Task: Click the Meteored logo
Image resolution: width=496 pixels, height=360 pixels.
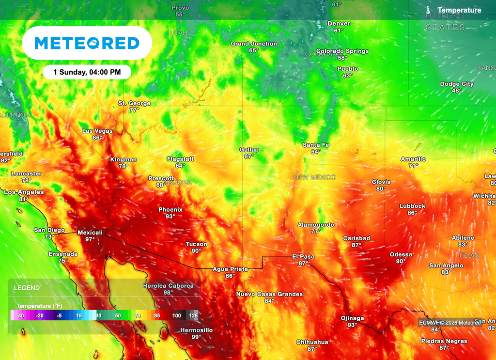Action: (87, 43)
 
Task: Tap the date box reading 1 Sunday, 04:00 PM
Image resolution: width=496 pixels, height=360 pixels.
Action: (87, 72)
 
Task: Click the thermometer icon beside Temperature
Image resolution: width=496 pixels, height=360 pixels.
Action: (429, 10)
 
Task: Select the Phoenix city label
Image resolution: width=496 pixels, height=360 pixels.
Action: (170, 210)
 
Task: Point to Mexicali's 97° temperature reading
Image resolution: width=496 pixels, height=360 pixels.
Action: (90, 239)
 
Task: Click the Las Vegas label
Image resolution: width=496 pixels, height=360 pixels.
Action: (97, 131)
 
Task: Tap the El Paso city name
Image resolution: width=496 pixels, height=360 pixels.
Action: (303, 256)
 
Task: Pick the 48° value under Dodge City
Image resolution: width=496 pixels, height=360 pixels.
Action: (457, 91)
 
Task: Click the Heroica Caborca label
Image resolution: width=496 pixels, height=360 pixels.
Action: (168, 286)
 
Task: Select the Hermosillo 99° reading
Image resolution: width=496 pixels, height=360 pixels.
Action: (196, 337)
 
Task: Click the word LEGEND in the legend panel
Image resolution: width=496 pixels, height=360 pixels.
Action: (27, 288)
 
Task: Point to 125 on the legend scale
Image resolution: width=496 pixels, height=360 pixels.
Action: (193, 315)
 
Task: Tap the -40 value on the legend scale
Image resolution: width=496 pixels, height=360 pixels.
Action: (20, 315)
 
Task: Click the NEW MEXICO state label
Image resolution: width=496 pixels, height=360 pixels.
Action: (314, 177)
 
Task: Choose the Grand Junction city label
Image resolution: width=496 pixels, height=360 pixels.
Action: (254, 44)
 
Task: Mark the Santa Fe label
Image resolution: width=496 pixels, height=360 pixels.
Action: (316, 145)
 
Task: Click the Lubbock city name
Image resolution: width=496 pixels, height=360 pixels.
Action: (412, 206)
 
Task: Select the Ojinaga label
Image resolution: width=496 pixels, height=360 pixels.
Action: (352, 318)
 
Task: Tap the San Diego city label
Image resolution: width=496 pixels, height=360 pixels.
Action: (49, 230)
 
